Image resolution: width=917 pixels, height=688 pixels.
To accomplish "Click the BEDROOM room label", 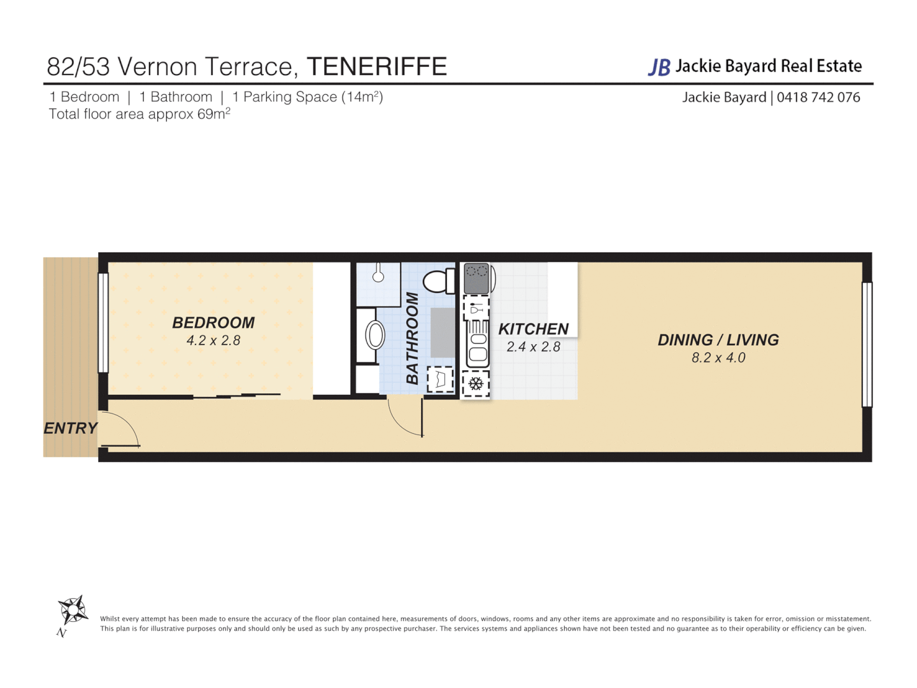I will (x=213, y=323).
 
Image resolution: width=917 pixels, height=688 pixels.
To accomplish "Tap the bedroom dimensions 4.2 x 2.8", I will (x=213, y=341).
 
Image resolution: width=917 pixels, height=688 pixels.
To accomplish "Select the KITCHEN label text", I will (x=533, y=329).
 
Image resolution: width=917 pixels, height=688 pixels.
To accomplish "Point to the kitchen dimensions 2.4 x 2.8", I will (x=533, y=347).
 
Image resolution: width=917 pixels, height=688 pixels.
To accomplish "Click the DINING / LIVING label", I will (x=718, y=340).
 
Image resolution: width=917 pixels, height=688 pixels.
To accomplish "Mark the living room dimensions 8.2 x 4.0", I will (x=718, y=358).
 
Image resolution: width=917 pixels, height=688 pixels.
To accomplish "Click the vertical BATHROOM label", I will (x=413, y=338).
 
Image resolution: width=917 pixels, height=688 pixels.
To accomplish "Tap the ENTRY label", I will (x=70, y=429).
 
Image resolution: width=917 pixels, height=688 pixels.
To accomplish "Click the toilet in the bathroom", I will (x=438, y=281).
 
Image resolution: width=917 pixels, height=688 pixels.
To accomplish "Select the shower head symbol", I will (x=378, y=275).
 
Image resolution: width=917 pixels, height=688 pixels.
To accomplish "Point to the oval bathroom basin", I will (x=374, y=335).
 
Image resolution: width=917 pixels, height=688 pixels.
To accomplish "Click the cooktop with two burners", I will (x=476, y=278).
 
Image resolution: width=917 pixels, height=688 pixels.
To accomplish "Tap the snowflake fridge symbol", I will (x=476, y=384).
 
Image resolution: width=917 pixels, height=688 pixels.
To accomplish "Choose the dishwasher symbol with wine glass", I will (x=476, y=310).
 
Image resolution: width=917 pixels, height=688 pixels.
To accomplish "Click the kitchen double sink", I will (x=478, y=345).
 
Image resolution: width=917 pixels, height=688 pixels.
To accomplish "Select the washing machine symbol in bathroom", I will (x=440, y=380).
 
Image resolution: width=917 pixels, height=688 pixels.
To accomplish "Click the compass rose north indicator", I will (x=73, y=611).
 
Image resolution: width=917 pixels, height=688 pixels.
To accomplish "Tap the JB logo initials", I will (x=659, y=67).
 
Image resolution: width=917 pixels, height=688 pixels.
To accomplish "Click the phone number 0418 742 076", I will (x=818, y=97).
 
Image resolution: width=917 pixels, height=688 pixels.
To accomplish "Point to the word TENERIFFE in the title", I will (x=376, y=66).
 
